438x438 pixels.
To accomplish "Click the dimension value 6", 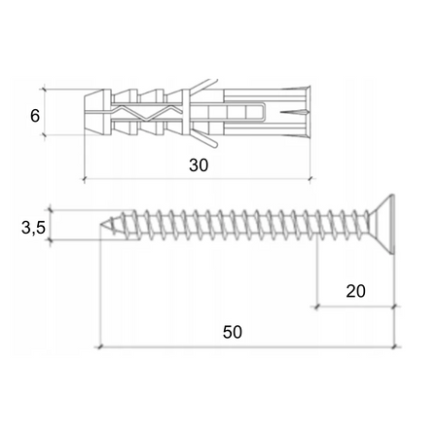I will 35,115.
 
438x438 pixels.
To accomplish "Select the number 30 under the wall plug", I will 199,165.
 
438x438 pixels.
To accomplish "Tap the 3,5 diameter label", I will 32,228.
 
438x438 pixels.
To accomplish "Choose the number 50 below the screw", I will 232,331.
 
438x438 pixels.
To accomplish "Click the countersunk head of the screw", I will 382,224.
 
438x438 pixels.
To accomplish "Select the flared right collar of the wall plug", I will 304,113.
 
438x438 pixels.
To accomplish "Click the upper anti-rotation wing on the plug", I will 202,86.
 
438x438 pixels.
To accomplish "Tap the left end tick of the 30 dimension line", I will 85,179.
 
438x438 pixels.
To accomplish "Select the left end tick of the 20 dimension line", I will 316,307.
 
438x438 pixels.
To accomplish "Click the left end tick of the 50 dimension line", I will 99,347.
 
